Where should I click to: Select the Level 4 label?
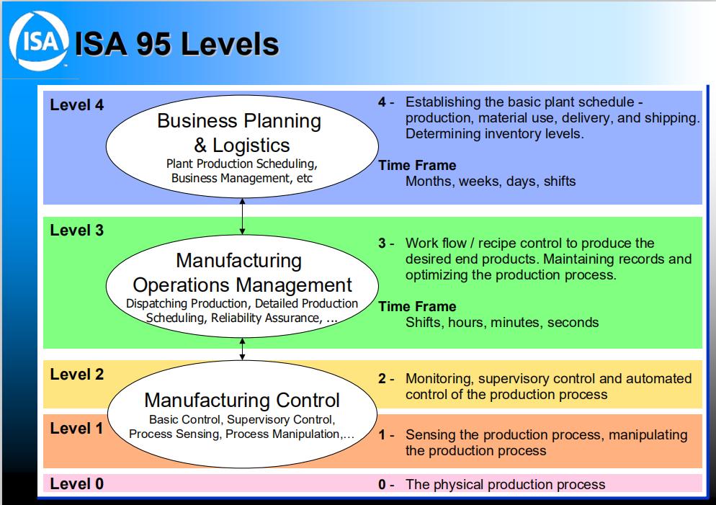pos(77,105)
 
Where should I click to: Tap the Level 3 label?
pos(77,231)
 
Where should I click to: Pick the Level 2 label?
pos(77,375)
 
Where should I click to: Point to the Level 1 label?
pos(77,429)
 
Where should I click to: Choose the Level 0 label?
pos(77,483)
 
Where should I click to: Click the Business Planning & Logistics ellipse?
pos(242,148)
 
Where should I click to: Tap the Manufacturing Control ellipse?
pos(242,414)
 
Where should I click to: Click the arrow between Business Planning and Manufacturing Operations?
pos(243,218)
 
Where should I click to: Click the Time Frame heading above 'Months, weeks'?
pos(418,166)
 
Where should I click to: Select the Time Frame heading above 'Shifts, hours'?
pos(418,307)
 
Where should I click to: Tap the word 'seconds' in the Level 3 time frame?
pos(573,323)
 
